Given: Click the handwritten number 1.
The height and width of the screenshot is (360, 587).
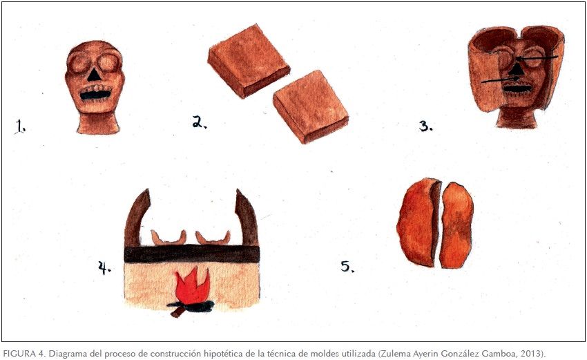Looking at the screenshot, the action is point(20,126).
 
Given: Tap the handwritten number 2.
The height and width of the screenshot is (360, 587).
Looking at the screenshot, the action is point(200,122).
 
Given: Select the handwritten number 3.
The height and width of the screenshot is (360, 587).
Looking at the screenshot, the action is point(425,126).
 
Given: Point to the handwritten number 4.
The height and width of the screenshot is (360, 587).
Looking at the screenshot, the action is point(104,267).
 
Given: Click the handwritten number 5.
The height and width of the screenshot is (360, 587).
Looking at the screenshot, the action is point(347,266).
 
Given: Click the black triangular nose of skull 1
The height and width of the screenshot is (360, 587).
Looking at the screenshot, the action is point(94,75).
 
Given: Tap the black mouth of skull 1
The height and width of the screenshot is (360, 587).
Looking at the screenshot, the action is point(96,95).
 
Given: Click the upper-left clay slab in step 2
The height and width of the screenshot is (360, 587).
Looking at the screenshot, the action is point(249,61).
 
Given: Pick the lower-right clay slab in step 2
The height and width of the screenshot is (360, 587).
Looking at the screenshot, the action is point(311,107).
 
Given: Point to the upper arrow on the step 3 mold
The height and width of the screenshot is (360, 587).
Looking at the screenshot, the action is point(537,58).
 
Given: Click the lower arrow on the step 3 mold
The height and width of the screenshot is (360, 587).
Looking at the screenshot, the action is point(500,79).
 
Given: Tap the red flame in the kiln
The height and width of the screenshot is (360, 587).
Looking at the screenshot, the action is point(192,285).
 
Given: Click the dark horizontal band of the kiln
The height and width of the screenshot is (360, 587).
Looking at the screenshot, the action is point(192,254).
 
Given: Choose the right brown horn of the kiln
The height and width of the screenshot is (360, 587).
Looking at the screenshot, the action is point(247,218).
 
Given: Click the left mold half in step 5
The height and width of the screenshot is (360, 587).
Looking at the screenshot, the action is point(418,222).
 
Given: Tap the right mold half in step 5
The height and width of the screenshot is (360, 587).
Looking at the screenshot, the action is point(456,225).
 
